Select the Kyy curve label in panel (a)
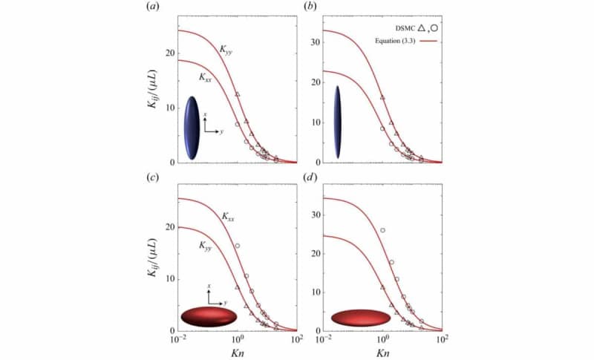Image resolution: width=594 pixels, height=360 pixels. pos(227,50)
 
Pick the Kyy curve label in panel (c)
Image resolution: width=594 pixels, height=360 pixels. pos(205,245)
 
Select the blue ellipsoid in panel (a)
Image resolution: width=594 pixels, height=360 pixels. pos(192,127)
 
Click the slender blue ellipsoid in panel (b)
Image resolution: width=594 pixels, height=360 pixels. pos(338,122)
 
